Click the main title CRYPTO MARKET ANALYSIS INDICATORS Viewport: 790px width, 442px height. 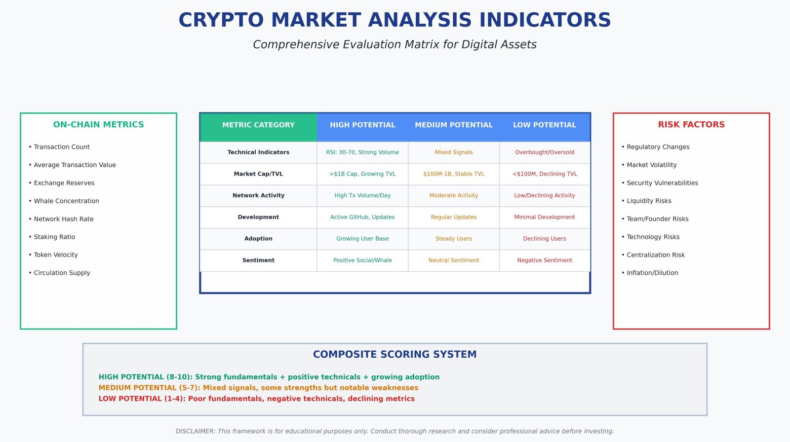[x=395, y=20]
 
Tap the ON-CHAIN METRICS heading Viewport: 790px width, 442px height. [x=98, y=125]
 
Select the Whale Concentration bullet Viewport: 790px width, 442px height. [x=66, y=201]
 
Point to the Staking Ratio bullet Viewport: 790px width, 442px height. [x=54, y=237]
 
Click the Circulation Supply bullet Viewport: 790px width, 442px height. [x=62, y=273]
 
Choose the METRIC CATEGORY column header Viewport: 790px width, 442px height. [x=258, y=125]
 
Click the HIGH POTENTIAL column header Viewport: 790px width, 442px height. [x=362, y=125]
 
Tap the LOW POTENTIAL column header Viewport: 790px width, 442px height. [x=545, y=125]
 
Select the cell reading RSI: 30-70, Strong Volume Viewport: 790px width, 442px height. [x=362, y=152]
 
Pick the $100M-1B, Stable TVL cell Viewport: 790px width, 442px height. [x=454, y=174]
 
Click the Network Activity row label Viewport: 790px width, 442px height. [x=258, y=196]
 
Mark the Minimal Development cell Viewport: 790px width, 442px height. [x=545, y=217]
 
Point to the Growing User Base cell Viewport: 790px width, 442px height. [x=362, y=239]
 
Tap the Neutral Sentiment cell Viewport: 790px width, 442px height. [x=454, y=260]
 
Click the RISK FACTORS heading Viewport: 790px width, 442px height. [x=691, y=125]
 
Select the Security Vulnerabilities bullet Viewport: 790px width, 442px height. [x=662, y=183]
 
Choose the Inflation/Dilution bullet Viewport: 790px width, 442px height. [x=652, y=273]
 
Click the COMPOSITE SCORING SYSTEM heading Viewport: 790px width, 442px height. [x=395, y=355]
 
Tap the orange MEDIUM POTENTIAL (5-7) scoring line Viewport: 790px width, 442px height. [x=258, y=388]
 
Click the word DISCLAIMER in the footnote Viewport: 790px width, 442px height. [x=196, y=432]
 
